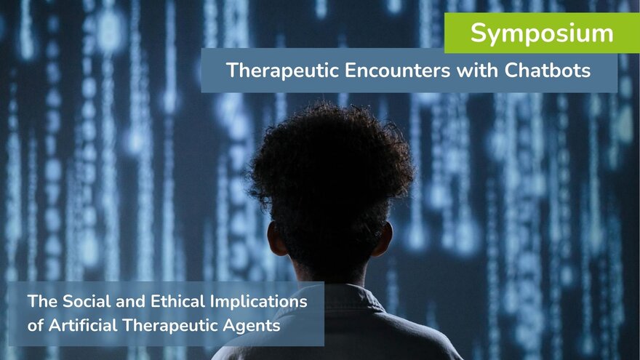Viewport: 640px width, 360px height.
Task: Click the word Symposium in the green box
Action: [x=542, y=34]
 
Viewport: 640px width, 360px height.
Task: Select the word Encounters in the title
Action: [x=398, y=71]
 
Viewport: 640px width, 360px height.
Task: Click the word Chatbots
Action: [x=548, y=71]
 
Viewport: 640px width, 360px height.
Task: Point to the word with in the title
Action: [x=477, y=71]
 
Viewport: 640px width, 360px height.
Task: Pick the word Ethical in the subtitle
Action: [x=177, y=302]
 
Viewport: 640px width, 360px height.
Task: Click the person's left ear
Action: [x=276, y=239]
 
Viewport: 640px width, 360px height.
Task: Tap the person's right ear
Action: [x=384, y=239]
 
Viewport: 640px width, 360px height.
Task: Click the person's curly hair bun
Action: [x=331, y=163]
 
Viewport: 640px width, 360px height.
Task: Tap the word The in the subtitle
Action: [x=42, y=302]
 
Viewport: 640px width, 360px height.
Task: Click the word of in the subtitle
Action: [x=36, y=325]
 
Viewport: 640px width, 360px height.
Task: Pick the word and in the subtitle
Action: [x=131, y=302]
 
